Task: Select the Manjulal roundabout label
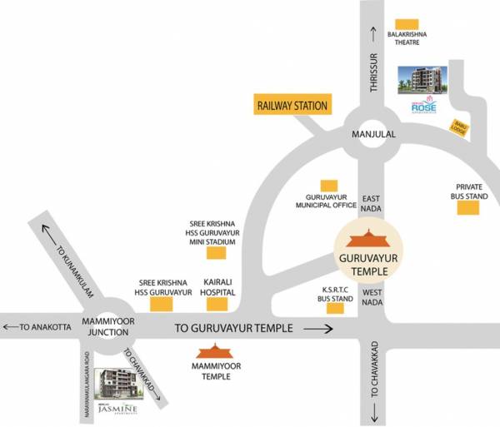coord(372,133)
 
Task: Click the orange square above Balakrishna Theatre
coord(406,23)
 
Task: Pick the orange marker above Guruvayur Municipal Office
coord(330,185)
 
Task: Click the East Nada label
coord(371,204)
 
